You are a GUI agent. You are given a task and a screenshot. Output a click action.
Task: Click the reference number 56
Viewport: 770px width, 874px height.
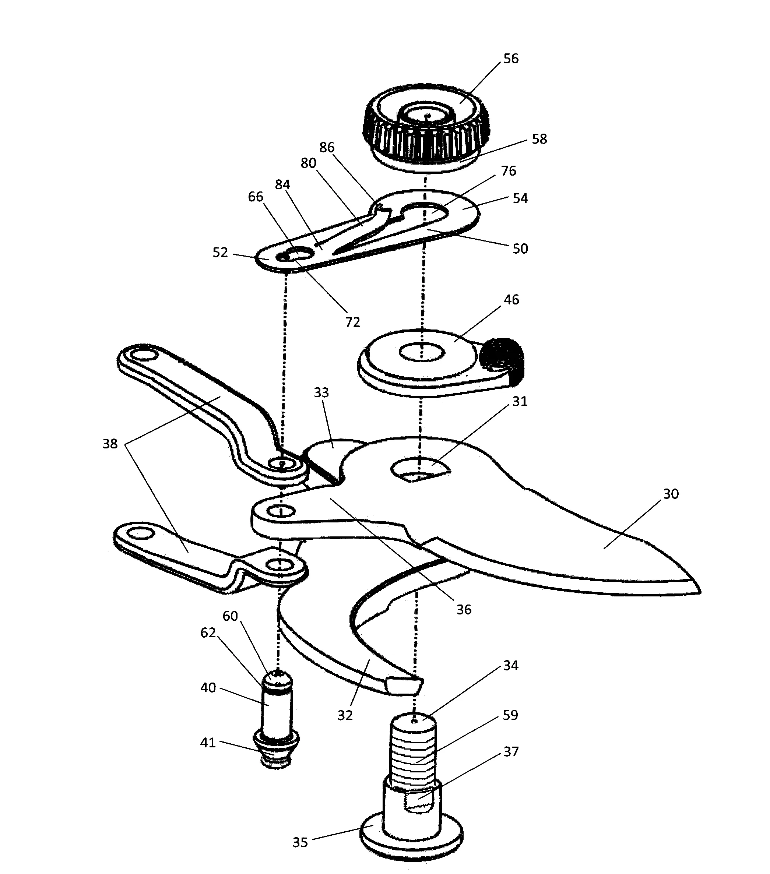tap(511, 59)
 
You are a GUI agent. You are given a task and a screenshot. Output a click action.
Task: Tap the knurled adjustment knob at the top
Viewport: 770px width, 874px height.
tap(426, 124)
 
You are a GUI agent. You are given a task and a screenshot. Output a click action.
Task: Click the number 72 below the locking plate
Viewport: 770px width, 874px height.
tap(352, 323)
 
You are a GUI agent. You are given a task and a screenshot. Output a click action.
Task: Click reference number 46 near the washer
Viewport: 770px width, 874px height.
tap(511, 300)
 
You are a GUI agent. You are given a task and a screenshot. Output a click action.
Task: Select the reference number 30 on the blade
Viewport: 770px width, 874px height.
tap(671, 494)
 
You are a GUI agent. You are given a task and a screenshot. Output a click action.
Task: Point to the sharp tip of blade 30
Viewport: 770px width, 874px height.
tap(699, 592)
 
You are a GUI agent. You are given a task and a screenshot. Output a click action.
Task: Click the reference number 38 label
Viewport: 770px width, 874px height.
tap(110, 444)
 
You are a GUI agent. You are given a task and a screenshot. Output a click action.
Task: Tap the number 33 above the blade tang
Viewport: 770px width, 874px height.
tap(321, 392)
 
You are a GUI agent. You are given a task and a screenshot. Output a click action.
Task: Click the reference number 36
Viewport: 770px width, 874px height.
tap(464, 610)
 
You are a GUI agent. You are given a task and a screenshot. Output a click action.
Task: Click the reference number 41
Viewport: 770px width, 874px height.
tap(208, 743)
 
